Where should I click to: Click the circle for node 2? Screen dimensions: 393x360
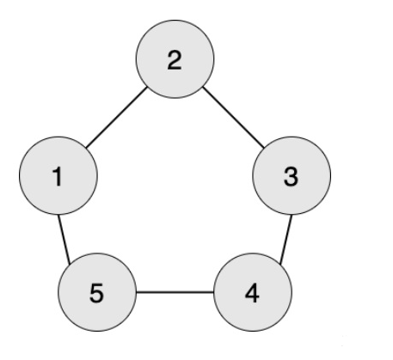point(175,59)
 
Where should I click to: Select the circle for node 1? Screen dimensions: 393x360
point(58,175)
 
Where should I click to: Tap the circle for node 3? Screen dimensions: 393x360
point(292,175)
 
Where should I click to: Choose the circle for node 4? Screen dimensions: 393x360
point(253,292)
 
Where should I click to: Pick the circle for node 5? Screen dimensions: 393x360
point(97,292)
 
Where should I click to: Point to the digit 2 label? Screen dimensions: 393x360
point(175,60)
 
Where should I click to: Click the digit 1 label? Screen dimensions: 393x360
point(58,177)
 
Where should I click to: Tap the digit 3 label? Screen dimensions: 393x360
point(291,177)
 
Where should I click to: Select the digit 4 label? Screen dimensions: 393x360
point(252,293)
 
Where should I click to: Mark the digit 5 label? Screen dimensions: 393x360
point(96,294)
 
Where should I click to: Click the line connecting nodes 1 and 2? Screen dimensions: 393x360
point(116,118)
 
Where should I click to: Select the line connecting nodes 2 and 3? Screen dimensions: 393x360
point(233,118)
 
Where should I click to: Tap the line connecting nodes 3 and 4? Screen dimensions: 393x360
point(286,240)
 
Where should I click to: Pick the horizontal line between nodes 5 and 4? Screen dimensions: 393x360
point(175,292)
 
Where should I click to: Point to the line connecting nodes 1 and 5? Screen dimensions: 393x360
point(64,240)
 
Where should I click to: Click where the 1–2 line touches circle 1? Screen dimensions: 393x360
point(86,148)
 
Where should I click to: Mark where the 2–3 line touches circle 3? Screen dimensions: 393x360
point(264,148)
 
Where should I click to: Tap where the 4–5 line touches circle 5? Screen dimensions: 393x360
point(136,292)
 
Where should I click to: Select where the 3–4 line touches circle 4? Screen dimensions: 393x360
point(280,264)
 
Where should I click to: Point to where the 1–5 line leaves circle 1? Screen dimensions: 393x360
point(58,215)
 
